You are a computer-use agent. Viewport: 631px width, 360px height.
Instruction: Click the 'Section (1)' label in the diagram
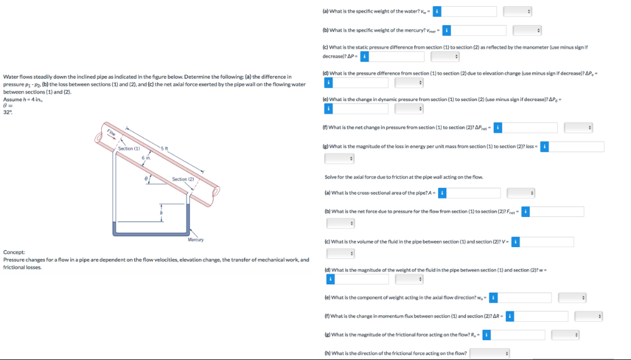tap(129, 149)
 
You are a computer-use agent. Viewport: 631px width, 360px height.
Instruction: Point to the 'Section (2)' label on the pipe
tap(183, 179)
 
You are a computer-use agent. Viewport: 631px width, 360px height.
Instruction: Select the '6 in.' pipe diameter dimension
tap(145, 159)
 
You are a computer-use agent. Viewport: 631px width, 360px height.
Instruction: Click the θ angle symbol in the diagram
tap(146, 178)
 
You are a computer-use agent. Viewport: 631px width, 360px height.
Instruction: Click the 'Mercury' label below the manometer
tap(195, 240)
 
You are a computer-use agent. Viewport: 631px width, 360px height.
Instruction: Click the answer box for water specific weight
tap(469, 12)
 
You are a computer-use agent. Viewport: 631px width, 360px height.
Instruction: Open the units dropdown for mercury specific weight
tap(527, 30)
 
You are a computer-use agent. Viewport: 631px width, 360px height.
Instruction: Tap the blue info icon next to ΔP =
tap(364, 57)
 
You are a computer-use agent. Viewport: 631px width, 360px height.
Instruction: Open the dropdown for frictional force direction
tap(491, 353)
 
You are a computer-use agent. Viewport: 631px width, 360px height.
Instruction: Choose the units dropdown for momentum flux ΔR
tap(588, 316)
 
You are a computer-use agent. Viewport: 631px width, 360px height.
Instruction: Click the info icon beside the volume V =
tap(515, 242)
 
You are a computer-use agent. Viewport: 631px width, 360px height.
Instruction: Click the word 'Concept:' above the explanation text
tap(14, 252)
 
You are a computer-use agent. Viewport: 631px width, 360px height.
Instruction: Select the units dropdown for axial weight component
tap(571, 298)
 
